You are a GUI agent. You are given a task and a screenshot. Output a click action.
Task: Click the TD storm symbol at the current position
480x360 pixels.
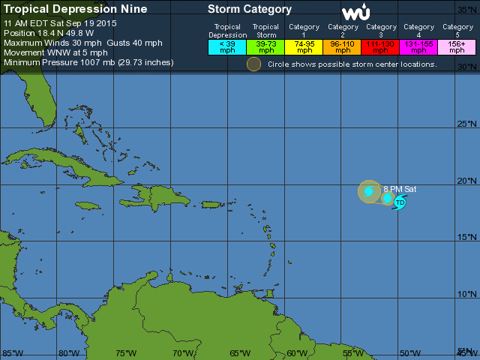pos(400,202)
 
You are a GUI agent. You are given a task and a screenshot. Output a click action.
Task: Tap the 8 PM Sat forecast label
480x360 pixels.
pos(400,189)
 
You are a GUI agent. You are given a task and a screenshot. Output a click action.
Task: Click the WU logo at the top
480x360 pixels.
pos(355,13)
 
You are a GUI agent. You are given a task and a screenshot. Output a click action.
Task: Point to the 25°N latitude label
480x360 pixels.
pos(466,124)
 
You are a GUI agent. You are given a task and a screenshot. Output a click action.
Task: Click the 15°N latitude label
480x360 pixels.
pos(466,238)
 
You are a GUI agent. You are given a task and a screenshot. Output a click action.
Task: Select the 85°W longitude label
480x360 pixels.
pos(11,352)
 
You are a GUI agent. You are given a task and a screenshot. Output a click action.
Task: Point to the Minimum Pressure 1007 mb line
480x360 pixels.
pos(88,62)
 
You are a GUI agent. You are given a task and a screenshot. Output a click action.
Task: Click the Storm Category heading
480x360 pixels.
pos(249,10)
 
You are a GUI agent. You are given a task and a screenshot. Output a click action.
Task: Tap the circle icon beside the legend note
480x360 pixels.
pos(254,64)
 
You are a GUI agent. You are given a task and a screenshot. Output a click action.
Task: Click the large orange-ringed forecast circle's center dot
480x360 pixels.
pos(369,191)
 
